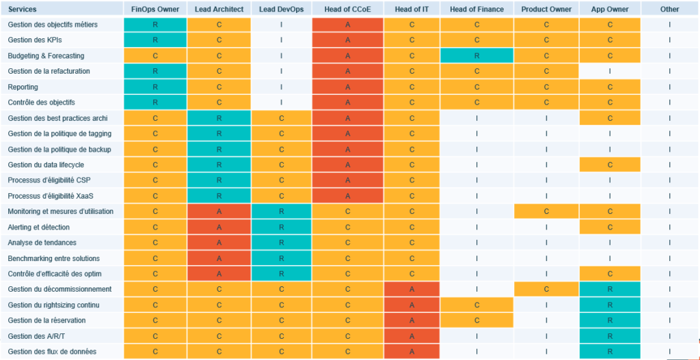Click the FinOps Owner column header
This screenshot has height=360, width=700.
(x=155, y=9)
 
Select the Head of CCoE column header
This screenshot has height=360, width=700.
(x=348, y=9)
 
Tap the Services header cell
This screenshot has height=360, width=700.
(x=23, y=9)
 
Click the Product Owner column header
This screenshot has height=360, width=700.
(x=546, y=9)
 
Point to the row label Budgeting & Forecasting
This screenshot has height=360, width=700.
(x=46, y=55)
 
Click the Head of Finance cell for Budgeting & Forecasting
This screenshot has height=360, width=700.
(x=476, y=55)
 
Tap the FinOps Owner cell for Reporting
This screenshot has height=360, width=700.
(x=155, y=87)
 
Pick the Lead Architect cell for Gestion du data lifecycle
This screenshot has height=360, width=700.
(x=219, y=165)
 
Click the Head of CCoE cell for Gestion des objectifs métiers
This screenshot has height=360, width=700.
(x=348, y=25)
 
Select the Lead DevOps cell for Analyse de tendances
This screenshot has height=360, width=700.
(x=282, y=243)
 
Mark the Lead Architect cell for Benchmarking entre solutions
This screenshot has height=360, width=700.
(x=219, y=258)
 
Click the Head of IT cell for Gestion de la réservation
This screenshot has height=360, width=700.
(x=412, y=320)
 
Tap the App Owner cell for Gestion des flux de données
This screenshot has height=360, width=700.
(x=610, y=352)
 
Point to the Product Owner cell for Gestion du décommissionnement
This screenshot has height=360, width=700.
(x=546, y=289)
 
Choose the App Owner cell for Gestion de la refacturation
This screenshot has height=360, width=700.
(x=610, y=71)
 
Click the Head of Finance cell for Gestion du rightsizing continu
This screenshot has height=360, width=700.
(x=476, y=305)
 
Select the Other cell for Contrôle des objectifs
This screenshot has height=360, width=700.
(x=669, y=102)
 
